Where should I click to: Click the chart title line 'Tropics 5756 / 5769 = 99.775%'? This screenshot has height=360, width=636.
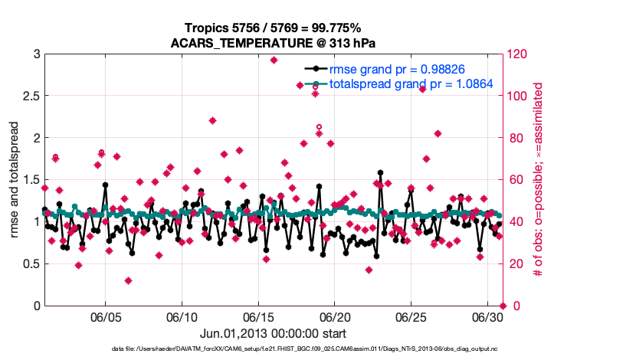point(275,28)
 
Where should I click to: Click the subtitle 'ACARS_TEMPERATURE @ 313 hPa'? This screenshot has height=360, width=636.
point(275,42)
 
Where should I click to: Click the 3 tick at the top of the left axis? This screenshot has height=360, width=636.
point(36,54)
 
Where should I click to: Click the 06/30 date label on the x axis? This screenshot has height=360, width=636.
point(487,317)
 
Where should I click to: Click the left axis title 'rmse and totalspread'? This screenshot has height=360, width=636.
point(15,180)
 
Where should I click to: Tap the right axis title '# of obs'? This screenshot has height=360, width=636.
point(539,180)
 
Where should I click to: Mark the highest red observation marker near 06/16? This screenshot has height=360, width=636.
point(274,60)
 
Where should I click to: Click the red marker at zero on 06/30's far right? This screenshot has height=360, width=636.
point(503,306)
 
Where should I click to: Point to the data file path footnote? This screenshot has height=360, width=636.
point(275,349)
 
